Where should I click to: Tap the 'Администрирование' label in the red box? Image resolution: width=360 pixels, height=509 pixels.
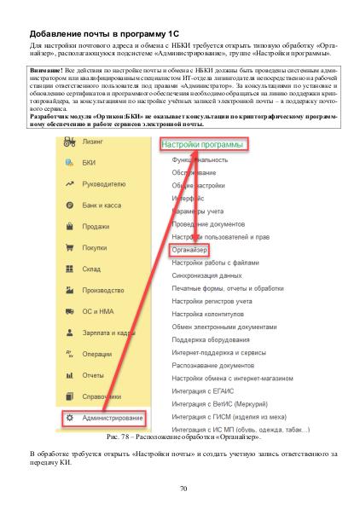pyautogui.click(x=111, y=419)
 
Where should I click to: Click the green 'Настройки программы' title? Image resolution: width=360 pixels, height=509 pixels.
pyautogui.click(x=203, y=145)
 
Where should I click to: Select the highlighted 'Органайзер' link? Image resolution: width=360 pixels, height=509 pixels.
pyautogui.click(x=189, y=251)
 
